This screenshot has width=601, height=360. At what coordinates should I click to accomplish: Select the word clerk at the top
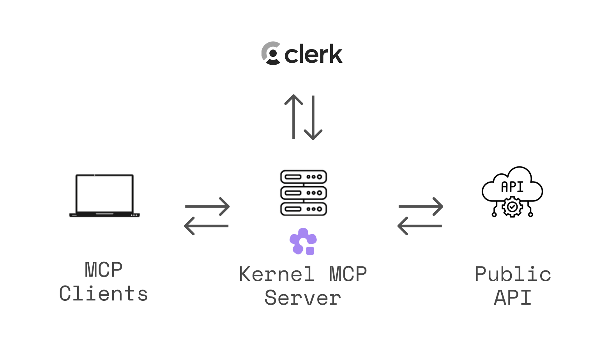point(313,54)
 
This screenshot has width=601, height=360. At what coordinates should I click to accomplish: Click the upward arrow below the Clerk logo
point(293,116)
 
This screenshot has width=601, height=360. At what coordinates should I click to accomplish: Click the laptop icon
point(104,196)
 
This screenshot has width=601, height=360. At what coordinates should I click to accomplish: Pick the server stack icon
point(303,193)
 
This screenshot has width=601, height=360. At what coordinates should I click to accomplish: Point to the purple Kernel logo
point(303,242)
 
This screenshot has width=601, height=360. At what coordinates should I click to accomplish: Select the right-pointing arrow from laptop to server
point(207,206)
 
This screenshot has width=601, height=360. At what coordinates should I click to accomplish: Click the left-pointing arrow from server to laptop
point(206,226)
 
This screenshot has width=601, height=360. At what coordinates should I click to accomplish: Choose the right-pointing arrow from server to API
point(421,206)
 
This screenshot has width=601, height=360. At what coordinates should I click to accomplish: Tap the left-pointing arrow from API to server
point(420,226)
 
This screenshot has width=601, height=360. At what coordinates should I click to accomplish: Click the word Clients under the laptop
point(104,294)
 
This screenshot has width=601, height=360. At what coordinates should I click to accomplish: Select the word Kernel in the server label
point(276,274)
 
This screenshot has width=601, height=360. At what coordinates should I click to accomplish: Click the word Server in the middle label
point(303,298)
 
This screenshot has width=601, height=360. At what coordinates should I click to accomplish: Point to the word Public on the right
point(513,274)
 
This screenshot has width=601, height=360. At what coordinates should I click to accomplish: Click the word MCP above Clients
point(104,270)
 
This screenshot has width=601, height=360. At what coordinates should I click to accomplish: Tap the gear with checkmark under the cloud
point(512,207)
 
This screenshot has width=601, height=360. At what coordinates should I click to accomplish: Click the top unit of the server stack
point(303,177)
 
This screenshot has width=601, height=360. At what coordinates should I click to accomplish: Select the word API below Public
point(513,298)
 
